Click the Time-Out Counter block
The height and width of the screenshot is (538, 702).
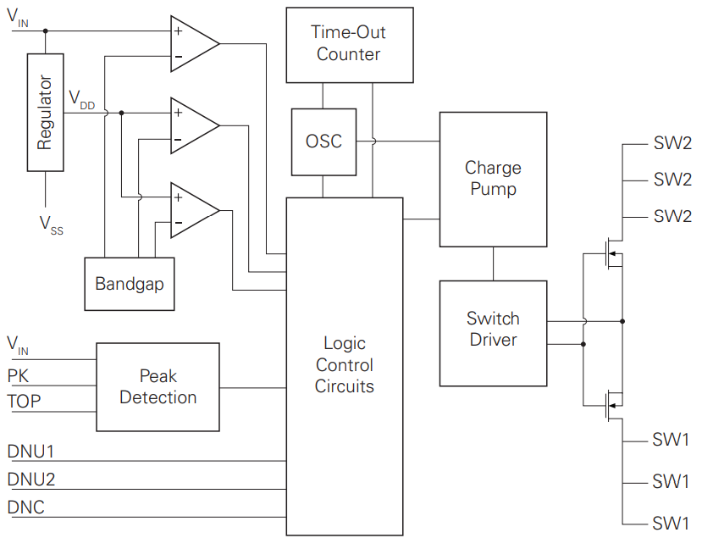coord(350,45)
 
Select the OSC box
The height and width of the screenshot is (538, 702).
coord(323,141)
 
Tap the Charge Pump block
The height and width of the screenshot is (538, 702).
coord(493,179)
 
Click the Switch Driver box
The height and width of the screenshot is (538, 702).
coord(493,333)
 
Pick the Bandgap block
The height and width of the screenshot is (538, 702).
coord(130,284)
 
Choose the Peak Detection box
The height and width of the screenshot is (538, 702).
coord(158,387)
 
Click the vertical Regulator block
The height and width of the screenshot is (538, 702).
coord(45,113)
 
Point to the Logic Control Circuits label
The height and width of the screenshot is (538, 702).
coord(345,364)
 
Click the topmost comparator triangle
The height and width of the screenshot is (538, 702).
coord(195,43)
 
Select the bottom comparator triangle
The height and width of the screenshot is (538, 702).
coord(195,210)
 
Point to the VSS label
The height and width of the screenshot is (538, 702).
coord(52,225)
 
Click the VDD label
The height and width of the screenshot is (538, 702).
coord(82,99)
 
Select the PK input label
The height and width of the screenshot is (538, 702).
coord(18,376)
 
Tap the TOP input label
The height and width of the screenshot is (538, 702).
coord(24,401)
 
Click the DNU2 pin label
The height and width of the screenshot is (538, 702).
coord(30,480)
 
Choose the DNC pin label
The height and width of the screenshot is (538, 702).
coord(26,507)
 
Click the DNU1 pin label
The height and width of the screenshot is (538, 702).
coord(30,452)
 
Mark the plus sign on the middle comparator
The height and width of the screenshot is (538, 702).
coord(178,112)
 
